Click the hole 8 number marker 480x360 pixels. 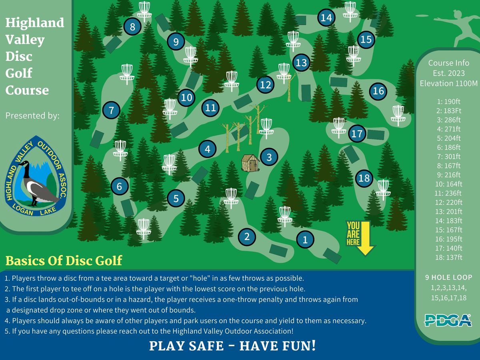coord(132,27)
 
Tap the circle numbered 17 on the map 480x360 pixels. coord(357,134)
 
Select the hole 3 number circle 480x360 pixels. coord(269,157)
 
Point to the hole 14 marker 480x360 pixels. coord(326,18)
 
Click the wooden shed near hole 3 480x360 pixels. coord(250,163)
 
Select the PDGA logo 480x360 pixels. coord(448,320)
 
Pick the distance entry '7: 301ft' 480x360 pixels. coord(449,156)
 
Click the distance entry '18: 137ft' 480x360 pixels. coord(449,257)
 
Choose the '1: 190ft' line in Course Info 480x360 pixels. coord(449,102)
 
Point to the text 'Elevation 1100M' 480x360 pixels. coord(449,83)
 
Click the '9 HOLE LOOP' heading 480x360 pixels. coord(449,277)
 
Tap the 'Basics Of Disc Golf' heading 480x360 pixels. coord(64,260)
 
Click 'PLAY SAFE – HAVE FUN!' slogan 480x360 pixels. coord(232,346)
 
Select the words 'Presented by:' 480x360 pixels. coord(32,116)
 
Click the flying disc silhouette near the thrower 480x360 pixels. coord(422,16)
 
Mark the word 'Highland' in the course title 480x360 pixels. coord(35,22)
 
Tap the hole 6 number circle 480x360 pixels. coord(119,186)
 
